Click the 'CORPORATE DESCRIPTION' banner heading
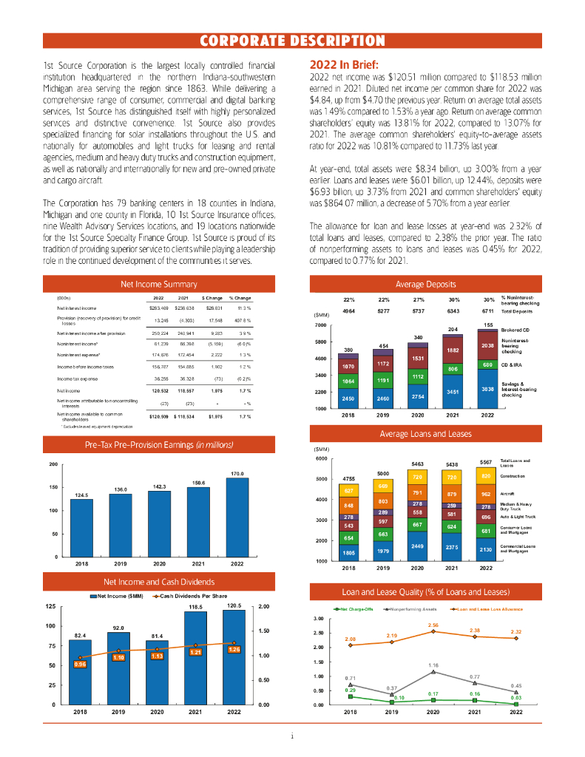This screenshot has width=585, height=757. click(292, 40)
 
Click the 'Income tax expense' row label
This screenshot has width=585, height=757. click(77, 378)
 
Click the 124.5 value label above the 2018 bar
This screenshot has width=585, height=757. click(82, 494)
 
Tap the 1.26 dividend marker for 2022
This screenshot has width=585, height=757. click(234, 649)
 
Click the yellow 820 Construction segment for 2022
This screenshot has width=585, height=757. click(486, 477)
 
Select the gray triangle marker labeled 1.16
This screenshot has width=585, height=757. click(434, 672)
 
